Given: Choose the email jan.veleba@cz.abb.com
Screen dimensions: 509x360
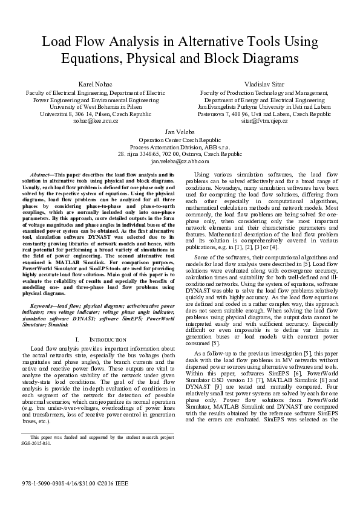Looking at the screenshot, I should point(180,162).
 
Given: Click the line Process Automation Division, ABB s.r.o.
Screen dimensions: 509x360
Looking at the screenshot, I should point(180,146).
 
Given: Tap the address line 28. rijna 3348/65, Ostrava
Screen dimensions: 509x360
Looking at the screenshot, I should point(180,154).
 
